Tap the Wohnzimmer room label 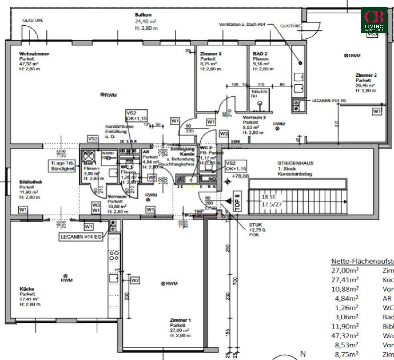tap(34, 54)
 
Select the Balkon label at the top tap(143, 15)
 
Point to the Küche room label tap(27, 289)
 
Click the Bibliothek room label tap(31, 182)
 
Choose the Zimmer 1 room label tap(180, 320)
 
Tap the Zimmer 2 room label tap(366, 75)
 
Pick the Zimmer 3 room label tap(211, 54)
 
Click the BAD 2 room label tap(260, 54)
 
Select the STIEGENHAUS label tap(296, 163)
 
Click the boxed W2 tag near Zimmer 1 tap(135, 280)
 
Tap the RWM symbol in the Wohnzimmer tap(103, 95)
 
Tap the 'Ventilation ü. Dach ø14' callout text tap(242, 25)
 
